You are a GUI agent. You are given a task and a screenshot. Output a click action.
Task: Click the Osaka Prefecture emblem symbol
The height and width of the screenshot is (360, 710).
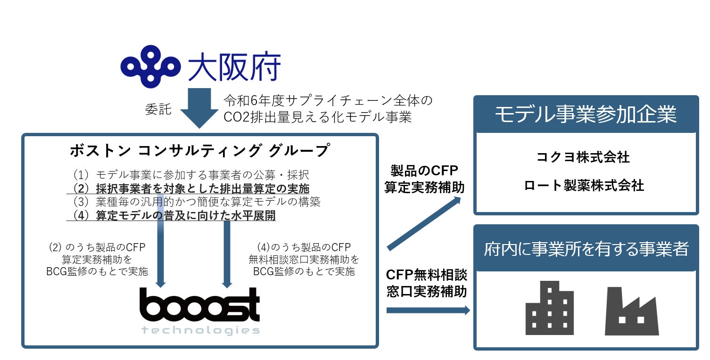click(151, 66)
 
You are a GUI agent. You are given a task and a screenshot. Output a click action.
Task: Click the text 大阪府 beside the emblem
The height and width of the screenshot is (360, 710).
click(234, 67)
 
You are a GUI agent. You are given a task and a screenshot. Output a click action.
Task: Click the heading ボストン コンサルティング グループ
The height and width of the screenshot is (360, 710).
click(199, 151)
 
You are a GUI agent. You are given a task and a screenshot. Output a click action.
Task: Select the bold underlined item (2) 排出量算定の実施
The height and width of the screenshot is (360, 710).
click(190, 188)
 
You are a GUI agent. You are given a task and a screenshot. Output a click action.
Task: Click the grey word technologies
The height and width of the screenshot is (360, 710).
click(200, 330)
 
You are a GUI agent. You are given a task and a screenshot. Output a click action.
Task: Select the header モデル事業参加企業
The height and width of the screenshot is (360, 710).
click(586, 115)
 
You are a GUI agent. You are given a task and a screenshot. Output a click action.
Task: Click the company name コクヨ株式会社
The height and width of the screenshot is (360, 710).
click(584, 157)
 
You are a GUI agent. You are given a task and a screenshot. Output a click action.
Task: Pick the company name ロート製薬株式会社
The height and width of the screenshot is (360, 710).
click(584, 186)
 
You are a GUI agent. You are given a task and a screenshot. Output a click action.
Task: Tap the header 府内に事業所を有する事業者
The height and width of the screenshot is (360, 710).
click(586, 249)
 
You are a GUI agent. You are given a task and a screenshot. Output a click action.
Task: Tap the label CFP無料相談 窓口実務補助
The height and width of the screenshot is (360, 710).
click(426, 283)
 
